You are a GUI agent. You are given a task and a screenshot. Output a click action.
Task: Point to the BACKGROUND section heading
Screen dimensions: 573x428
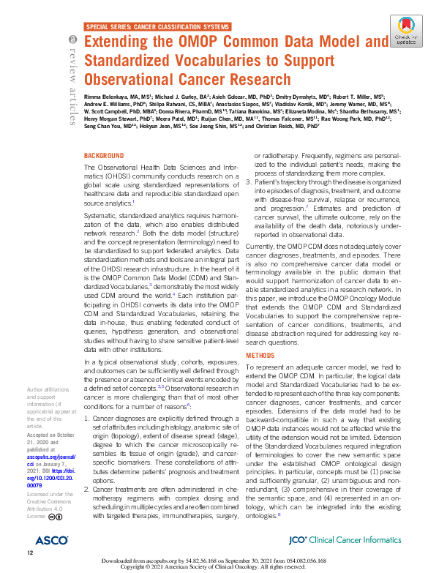(x=104, y=156)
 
